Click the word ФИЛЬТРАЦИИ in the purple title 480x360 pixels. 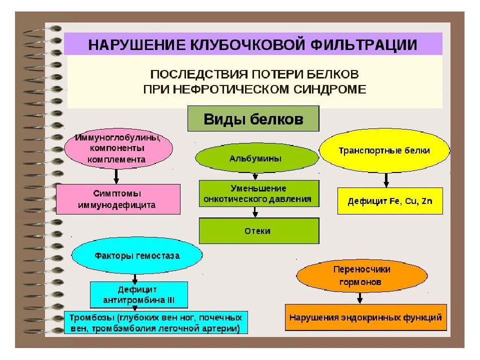pyautogui.click(x=363, y=44)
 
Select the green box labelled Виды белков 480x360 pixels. pyautogui.click(x=253, y=119)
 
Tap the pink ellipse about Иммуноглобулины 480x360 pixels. pyautogui.click(x=118, y=149)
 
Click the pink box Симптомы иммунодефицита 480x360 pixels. pyautogui.click(x=118, y=199)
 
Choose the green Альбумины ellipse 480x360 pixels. pyautogui.click(x=257, y=158)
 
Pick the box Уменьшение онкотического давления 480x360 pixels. pyautogui.click(x=259, y=193)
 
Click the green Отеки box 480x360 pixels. pyautogui.click(x=259, y=231)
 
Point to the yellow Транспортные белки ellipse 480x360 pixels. pyautogui.click(x=384, y=150)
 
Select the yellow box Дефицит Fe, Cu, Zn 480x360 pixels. pyautogui.click(x=390, y=201)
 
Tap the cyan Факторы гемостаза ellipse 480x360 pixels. pyautogui.click(x=137, y=255)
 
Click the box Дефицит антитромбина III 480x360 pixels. pyautogui.click(x=138, y=294)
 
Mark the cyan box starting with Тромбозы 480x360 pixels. pyautogui.click(x=156, y=322)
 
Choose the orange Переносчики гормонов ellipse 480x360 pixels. pyautogui.click(x=362, y=276)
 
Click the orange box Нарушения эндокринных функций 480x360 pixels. pyautogui.click(x=366, y=317)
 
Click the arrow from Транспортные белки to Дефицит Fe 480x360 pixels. pyautogui.click(x=386, y=180)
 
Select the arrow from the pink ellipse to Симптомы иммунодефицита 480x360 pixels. pyautogui.click(x=116, y=176)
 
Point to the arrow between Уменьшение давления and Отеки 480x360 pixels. pyautogui.click(x=255, y=212)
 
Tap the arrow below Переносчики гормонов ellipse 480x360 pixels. pyautogui.click(x=360, y=298)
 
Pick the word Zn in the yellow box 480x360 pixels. pyautogui.click(x=426, y=201)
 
